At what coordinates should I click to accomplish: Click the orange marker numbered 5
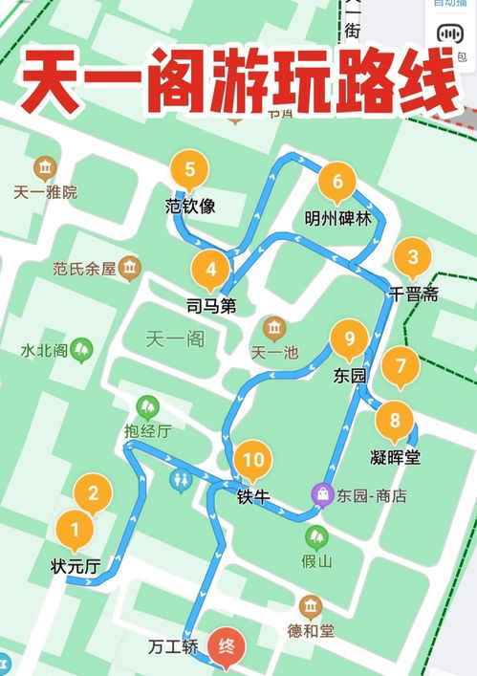click(x=190, y=171)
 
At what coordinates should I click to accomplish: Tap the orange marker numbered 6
click(x=337, y=181)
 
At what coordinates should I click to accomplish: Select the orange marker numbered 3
click(x=413, y=257)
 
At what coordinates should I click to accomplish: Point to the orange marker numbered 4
click(x=211, y=270)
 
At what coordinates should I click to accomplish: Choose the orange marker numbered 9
click(x=350, y=339)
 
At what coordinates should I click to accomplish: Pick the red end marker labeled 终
click(x=226, y=645)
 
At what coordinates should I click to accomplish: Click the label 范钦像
click(x=190, y=206)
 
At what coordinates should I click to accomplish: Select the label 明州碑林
click(x=337, y=217)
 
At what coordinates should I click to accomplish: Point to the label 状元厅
click(x=76, y=566)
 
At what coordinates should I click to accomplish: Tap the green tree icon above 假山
click(x=315, y=536)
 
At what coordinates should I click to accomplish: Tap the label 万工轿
click(x=174, y=646)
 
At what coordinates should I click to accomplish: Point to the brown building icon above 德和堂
click(x=310, y=606)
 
